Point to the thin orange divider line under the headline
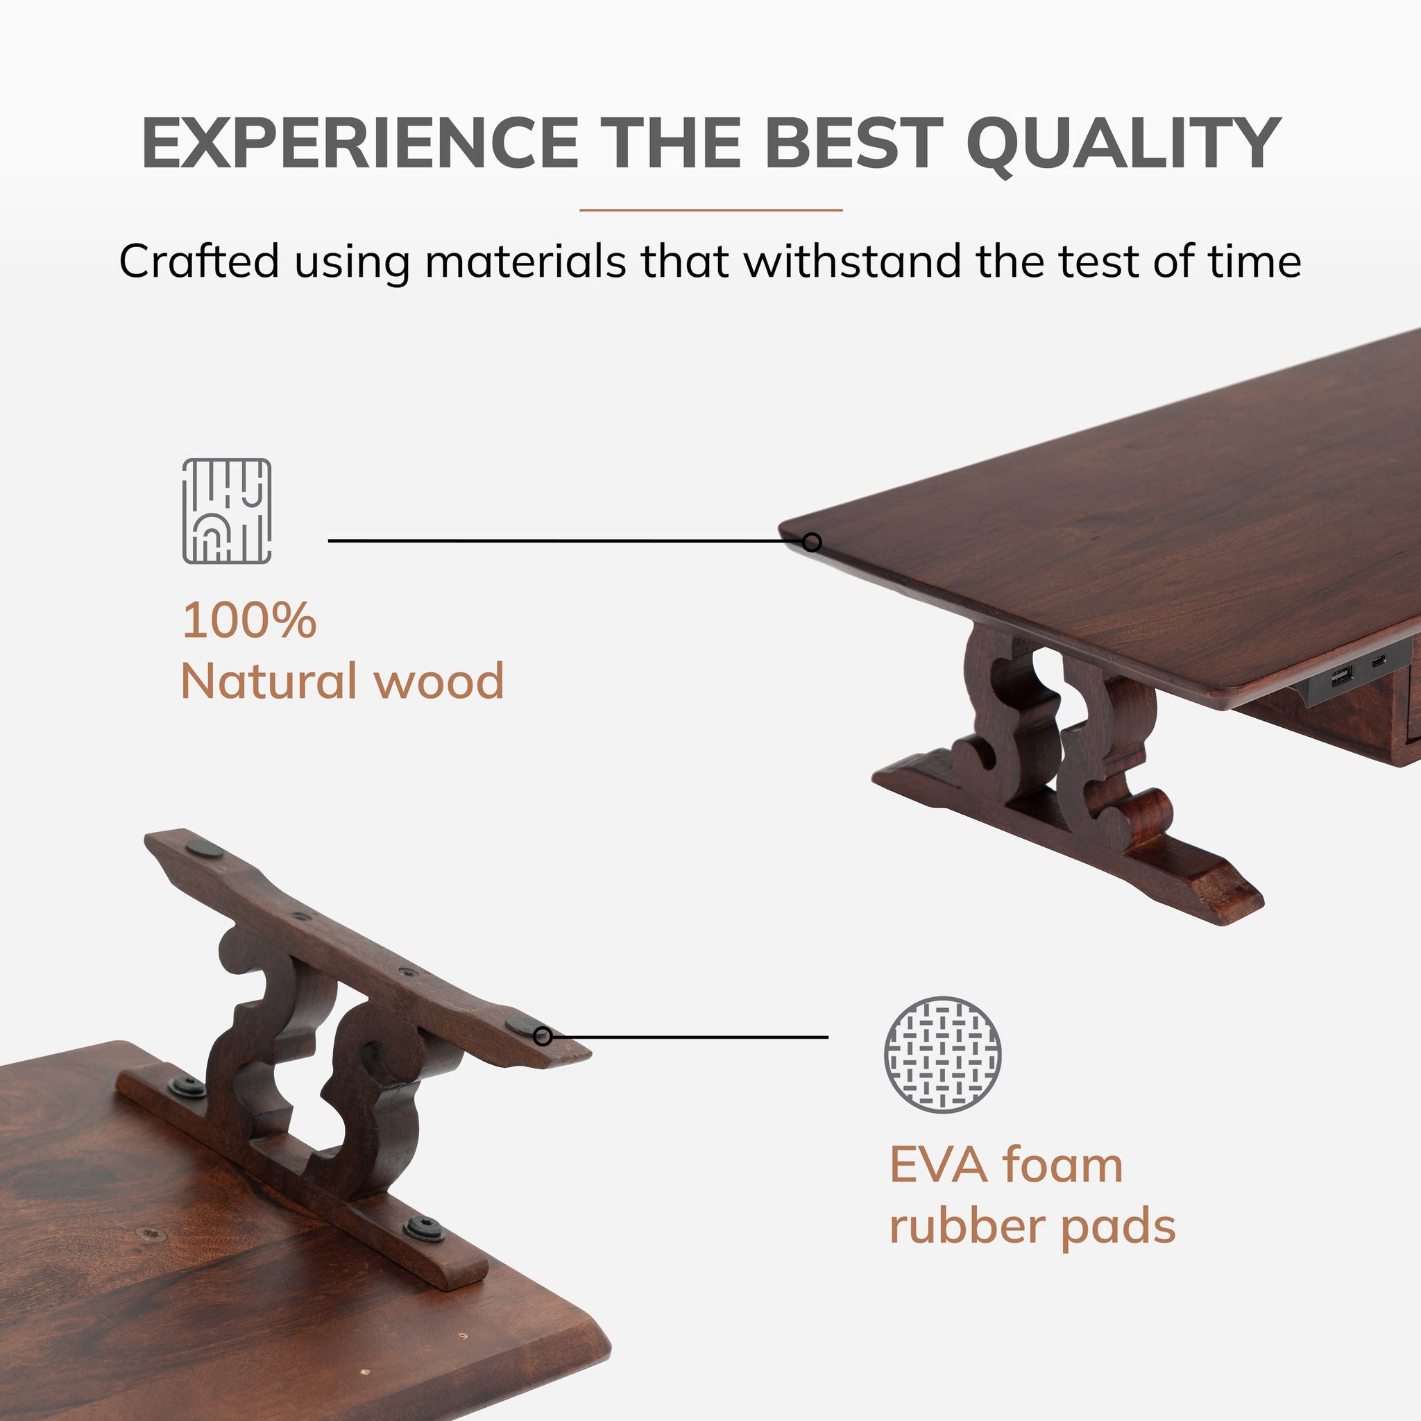pyautogui.click(x=710, y=210)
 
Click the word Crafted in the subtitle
pyautogui.click(x=199, y=261)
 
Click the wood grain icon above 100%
pyautogui.click(x=226, y=511)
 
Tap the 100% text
pyautogui.click(x=249, y=620)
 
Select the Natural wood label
pyautogui.click(x=342, y=681)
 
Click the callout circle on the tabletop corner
pyautogui.click(x=811, y=542)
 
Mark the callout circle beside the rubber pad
pyautogui.click(x=543, y=1037)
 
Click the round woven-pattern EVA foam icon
pyautogui.click(x=942, y=1055)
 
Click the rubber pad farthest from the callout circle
pyautogui.click(x=205, y=849)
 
